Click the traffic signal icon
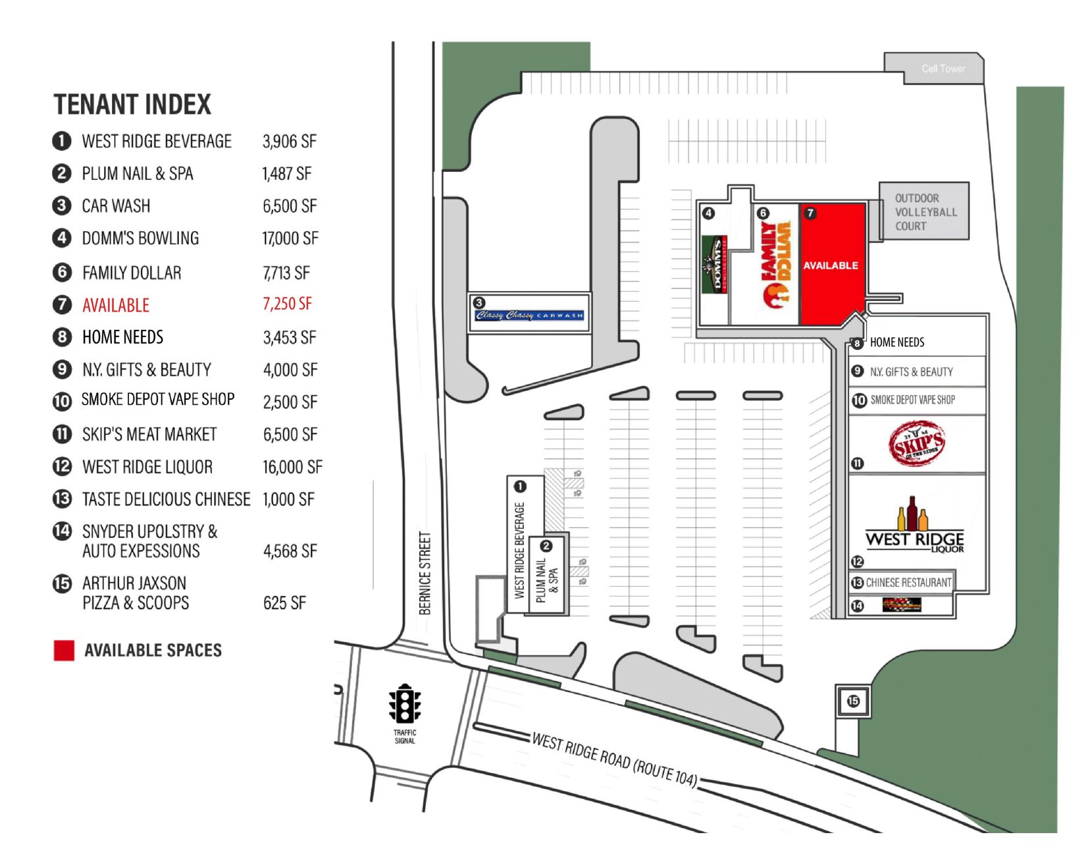point(404,704)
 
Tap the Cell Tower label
point(943,68)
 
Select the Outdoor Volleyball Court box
point(924,211)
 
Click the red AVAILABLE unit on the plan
point(831,265)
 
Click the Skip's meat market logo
point(917,444)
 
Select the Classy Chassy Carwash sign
point(529,314)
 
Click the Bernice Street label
point(425,573)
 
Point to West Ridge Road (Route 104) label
point(613,759)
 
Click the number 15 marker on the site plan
point(853,701)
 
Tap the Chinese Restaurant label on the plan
point(908,582)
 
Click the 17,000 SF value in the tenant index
point(290,238)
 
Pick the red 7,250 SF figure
point(287,304)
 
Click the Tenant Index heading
point(132,105)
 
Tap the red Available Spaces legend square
point(64,650)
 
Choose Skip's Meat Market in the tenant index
point(149,435)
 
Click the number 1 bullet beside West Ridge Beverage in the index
point(61,141)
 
